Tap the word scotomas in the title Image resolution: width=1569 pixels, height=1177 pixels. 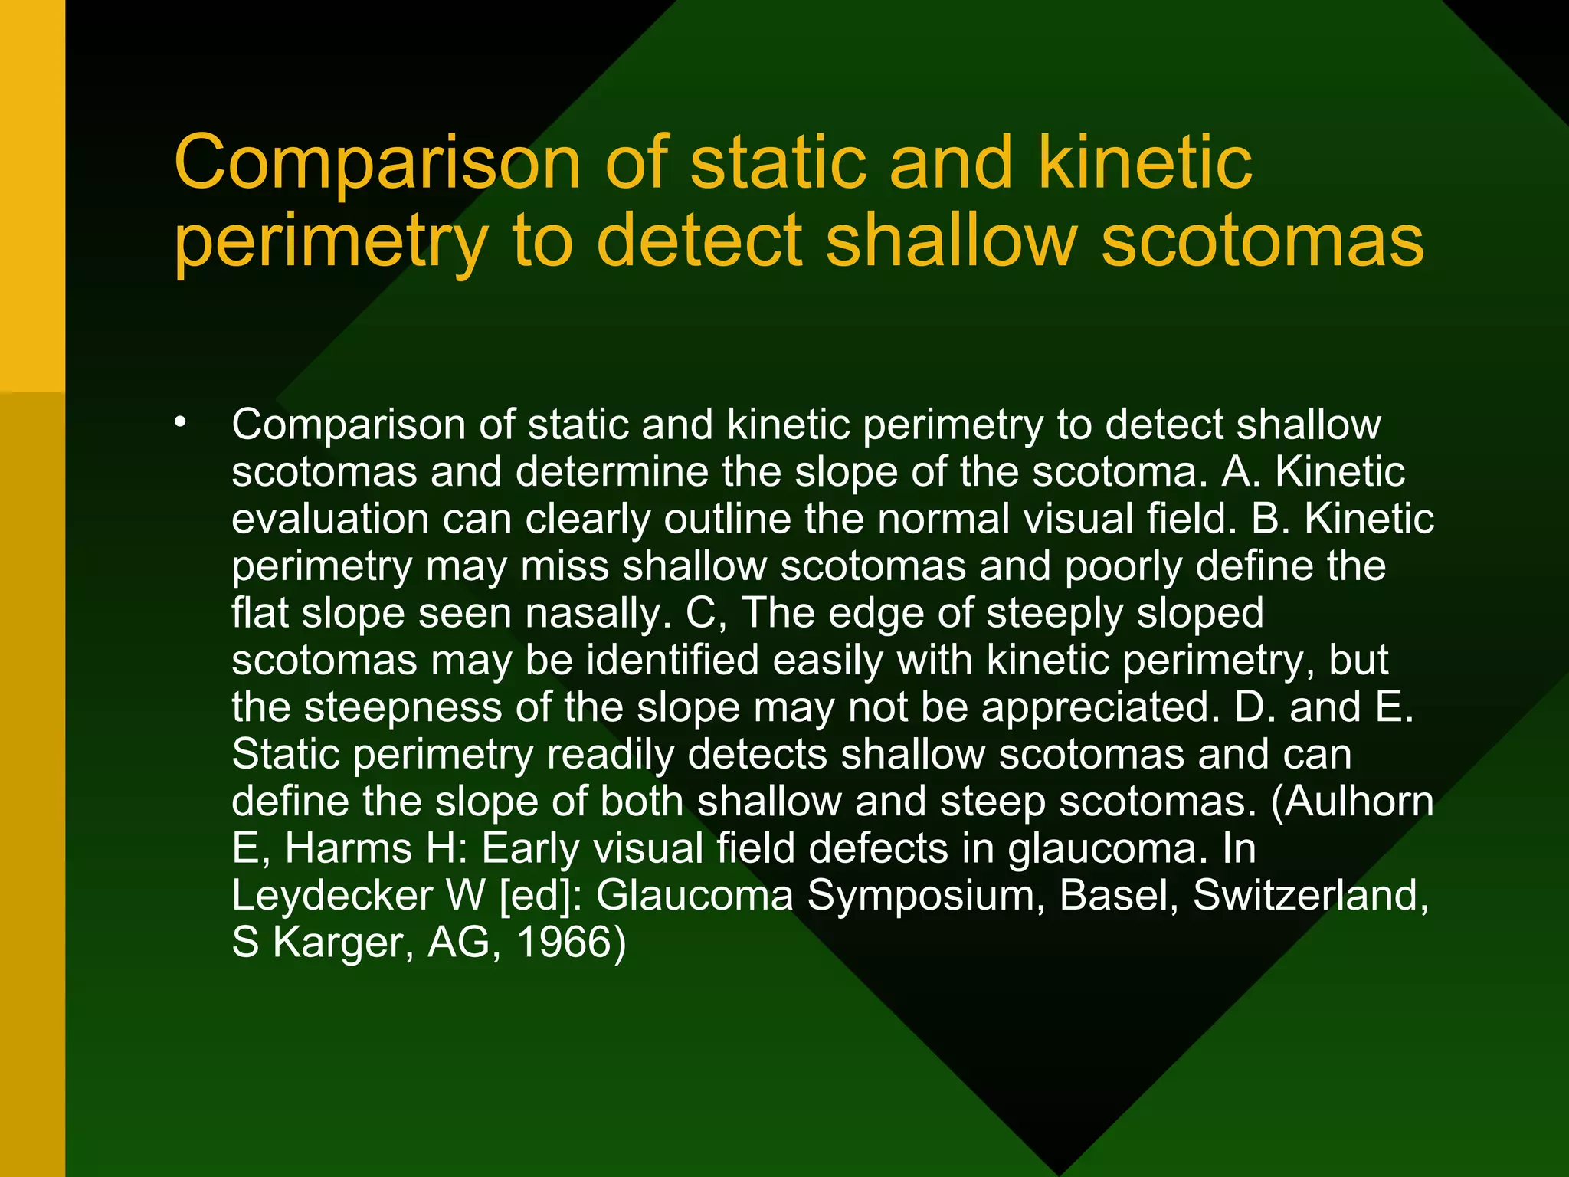coord(1262,241)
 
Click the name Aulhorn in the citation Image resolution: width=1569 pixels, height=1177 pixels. coord(1359,801)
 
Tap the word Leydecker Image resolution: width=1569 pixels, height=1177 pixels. coord(332,896)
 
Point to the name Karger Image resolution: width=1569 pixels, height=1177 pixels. coord(343,943)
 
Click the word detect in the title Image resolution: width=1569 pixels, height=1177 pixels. coord(699,241)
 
